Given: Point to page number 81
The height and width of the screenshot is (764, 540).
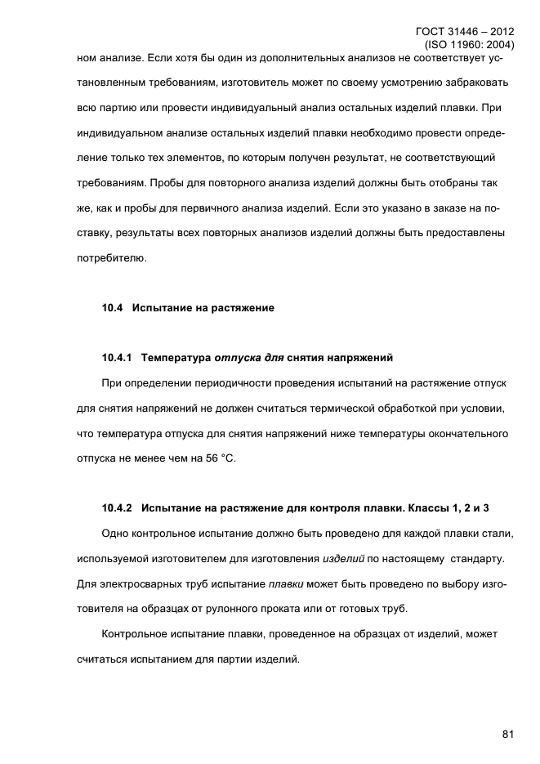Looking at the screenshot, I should pyautogui.click(x=507, y=734).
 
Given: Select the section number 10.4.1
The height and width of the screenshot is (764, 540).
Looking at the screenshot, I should pyautogui.click(x=118, y=358).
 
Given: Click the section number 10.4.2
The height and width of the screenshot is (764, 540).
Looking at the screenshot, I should pyautogui.click(x=118, y=508).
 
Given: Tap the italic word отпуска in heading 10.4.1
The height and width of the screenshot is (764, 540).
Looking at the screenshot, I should pyautogui.click(x=239, y=358).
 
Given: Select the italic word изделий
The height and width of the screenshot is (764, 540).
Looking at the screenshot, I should pyautogui.click(x=342, y=559).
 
